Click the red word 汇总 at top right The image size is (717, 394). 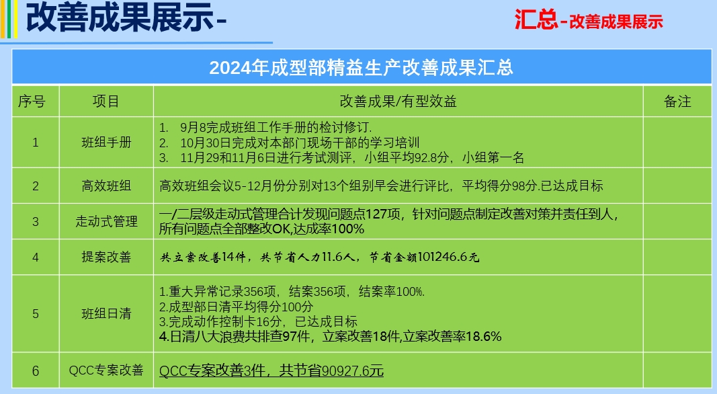point(536,21)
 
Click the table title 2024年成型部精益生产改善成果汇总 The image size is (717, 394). point(362,68)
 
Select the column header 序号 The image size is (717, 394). point(32,101)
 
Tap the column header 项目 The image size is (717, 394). point(106,101)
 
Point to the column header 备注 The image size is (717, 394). point(677,101)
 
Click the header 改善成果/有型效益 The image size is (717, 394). point(398,101)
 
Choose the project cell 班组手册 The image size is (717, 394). point(107,143)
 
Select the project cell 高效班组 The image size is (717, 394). point(107,186)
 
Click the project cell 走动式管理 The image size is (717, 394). point(107,221)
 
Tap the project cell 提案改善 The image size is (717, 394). point(107,257)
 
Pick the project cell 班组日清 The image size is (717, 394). point(107,313)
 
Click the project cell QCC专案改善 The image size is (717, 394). point(107,370)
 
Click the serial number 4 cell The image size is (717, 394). point(35,257)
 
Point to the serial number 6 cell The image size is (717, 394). point(35,370)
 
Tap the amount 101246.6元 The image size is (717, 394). point(448,257)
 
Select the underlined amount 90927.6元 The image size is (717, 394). point(353,370)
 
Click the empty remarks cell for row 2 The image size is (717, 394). point(677,186)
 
